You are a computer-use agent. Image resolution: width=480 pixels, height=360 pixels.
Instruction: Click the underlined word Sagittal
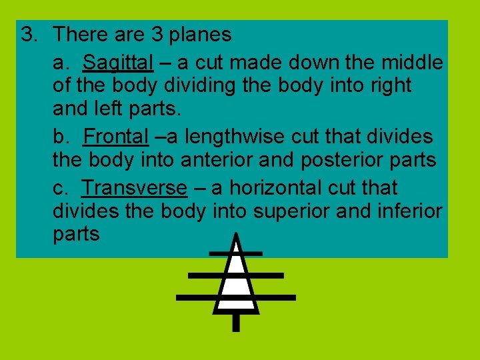118,63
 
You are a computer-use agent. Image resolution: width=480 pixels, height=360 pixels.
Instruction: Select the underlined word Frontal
115,137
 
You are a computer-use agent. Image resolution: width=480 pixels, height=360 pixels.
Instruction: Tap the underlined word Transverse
134,188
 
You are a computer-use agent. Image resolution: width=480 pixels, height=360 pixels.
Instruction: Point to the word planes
200,35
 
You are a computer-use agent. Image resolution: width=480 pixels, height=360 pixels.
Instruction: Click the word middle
412,63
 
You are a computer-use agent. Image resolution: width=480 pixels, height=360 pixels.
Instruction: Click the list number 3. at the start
29,35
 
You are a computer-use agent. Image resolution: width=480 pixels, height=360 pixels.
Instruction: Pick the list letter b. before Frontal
63,137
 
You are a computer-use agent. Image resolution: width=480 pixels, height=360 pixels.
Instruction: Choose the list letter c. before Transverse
61,188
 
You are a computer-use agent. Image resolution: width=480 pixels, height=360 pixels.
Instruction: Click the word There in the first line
77,35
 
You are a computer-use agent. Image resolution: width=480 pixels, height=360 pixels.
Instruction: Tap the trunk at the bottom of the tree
235,323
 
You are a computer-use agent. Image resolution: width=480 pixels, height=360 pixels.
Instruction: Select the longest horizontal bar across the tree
235,297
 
